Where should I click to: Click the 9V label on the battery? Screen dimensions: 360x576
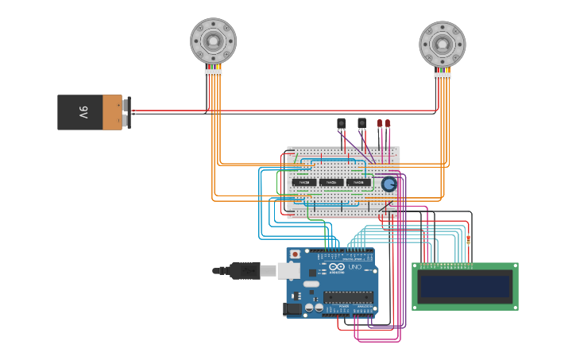[x=83, y=112]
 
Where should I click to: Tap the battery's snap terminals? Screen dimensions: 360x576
[x=127, y=112]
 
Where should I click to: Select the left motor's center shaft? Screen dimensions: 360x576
[x=213, y=40]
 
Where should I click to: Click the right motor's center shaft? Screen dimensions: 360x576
[x=443, y=43]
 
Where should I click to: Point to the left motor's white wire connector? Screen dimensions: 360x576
[x=213, y=72]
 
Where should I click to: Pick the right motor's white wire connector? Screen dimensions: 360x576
[x=443, y=76]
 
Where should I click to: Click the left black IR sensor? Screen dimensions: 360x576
[x=342, y=123]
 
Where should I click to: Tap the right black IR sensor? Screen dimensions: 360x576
[x=362, y=123]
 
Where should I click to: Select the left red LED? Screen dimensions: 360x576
[x=380, y=123]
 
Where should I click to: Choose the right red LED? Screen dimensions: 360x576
[x=388, y=123]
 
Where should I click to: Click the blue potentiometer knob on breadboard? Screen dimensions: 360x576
[x=389, y=184]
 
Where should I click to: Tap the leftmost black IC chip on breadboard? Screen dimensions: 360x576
[x=303, y=182]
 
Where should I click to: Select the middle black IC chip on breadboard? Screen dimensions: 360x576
[x=331, y=182]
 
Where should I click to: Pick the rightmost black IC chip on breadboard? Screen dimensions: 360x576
[x=358, y=182]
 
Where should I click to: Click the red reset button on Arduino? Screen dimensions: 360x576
[x=296, y=254]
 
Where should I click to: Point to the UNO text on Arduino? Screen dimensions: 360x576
[x=354, y=267]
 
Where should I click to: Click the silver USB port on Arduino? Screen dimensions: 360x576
[x=288, y=271]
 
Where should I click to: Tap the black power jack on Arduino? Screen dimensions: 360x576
[x=292, y=308]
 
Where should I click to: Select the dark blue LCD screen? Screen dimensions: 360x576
[x=465, y=287]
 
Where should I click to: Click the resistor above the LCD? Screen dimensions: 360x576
[x=468, y=239]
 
